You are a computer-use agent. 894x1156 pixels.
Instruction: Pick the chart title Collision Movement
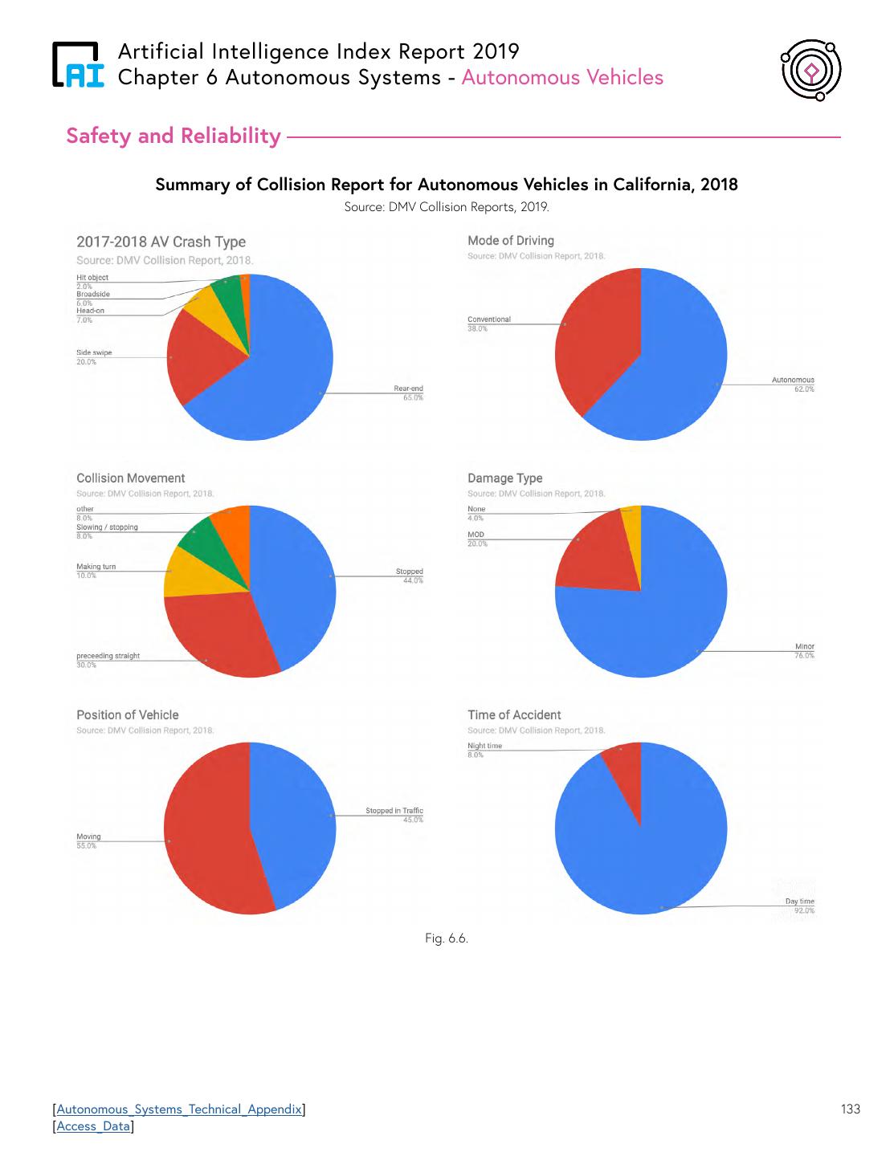pos(130,478)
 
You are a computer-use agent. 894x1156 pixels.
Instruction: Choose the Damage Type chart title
pos(504,478)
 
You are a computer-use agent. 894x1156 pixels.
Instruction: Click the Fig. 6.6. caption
pos(447,938)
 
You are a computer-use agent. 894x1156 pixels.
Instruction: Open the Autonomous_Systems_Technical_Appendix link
pos(179,1109)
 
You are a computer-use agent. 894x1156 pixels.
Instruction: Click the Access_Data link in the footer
pos(93,1126)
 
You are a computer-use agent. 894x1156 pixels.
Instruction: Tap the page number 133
pos(850,1109)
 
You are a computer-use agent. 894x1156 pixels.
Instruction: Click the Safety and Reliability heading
pos(173,136)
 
